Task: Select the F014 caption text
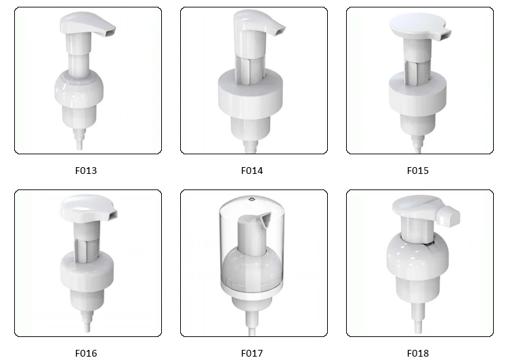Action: pos(252,171)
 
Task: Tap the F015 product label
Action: pos(418,171)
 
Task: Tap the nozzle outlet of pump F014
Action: pos(274,31)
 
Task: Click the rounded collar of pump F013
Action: pos(86,88)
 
